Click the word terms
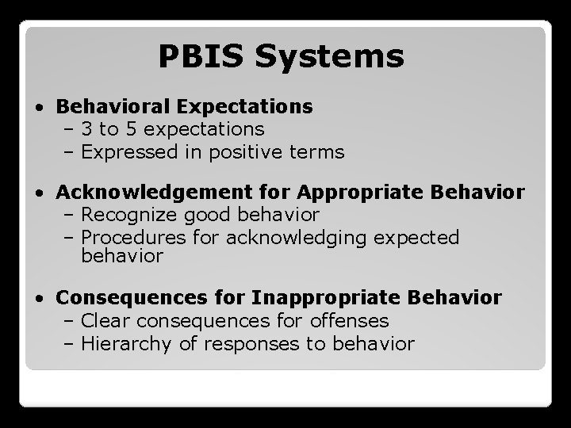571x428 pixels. click(316, 152)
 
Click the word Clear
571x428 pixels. click(106, 321)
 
